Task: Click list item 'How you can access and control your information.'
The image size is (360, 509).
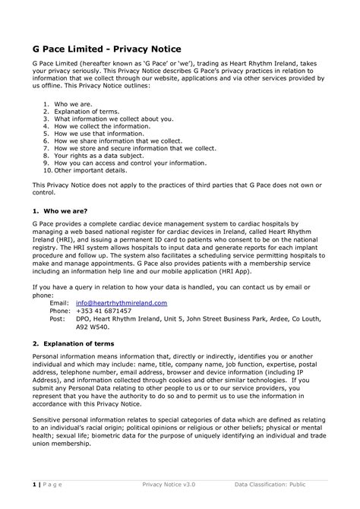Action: pos(124,163)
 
